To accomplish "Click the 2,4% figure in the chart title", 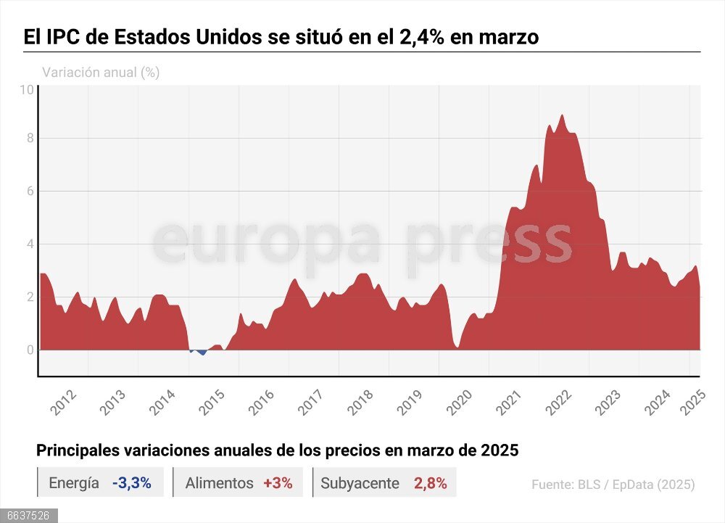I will [x=421, y=37].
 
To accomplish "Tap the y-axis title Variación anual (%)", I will [x=101, y=73].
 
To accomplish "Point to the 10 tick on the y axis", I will [x=27, y=90].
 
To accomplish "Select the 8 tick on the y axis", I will [x=30, y=139].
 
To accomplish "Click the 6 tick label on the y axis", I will [x=30, y=192].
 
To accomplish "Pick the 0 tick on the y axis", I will [x=30, y=350].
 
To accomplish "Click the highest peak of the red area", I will [x=562, y=116].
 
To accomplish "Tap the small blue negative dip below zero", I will [x=202, y=353].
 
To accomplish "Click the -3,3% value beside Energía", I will [x=131, y=483].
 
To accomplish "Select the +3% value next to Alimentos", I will [x=278, y=483].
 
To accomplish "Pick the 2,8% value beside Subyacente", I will [x=430, y=483].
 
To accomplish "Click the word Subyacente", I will [x=360, y=483].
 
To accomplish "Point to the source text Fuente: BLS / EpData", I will [x=613, y=485].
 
